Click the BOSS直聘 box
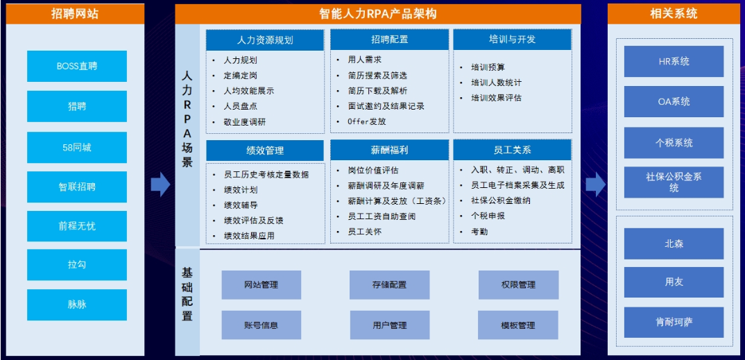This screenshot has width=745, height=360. point(77,66)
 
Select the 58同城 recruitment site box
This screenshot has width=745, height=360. point(77,147)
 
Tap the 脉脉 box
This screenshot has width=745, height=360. point(77,305)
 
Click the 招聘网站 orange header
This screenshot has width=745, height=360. point(75,14)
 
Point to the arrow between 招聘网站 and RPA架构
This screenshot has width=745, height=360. point(161,185)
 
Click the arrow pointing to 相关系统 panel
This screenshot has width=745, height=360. point(595,185)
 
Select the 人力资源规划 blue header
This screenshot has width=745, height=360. point(265,40)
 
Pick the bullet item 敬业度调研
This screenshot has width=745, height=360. point(245,121)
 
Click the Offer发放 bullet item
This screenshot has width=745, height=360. point(367,121)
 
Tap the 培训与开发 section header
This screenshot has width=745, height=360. point(512,40)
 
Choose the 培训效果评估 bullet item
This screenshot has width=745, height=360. point(496,98)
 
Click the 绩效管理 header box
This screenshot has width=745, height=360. point(265,151)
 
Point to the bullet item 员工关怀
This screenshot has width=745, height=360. point(364,231)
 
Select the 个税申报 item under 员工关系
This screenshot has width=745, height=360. point(488,216)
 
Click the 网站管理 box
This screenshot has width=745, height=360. point(262,285)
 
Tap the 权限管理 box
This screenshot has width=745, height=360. point(518,285)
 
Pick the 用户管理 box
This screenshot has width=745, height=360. point(390,325)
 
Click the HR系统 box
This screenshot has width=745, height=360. point(674,61)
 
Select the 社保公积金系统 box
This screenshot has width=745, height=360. point(674,182)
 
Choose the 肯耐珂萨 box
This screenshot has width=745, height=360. point(674,322)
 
